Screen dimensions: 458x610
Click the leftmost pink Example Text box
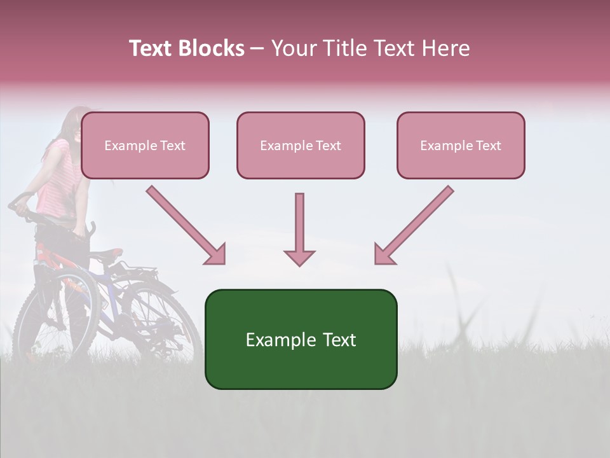coord(145,146)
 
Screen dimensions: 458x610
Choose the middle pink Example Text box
coord(301,146)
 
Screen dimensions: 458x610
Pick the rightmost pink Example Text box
coord(461,146)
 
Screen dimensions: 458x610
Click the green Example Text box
coord(301,339)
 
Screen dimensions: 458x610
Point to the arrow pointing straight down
coord(299,229)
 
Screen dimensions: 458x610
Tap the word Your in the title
coord(292,48)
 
